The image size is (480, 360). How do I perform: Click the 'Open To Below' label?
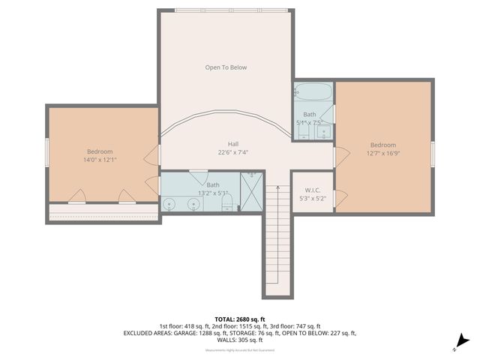pos(226,67)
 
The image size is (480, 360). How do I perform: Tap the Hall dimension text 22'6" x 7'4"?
pos(233,152)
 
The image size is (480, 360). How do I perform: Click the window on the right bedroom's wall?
pos(433,152)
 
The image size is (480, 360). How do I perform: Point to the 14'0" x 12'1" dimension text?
pos(100,160)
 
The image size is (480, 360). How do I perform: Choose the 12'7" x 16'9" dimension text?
pos(382,154)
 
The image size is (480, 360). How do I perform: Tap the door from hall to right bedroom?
pos(340,157)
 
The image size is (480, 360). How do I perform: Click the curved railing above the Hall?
pos(225,116)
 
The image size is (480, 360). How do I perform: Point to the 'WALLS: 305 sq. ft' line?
pos(239,340)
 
